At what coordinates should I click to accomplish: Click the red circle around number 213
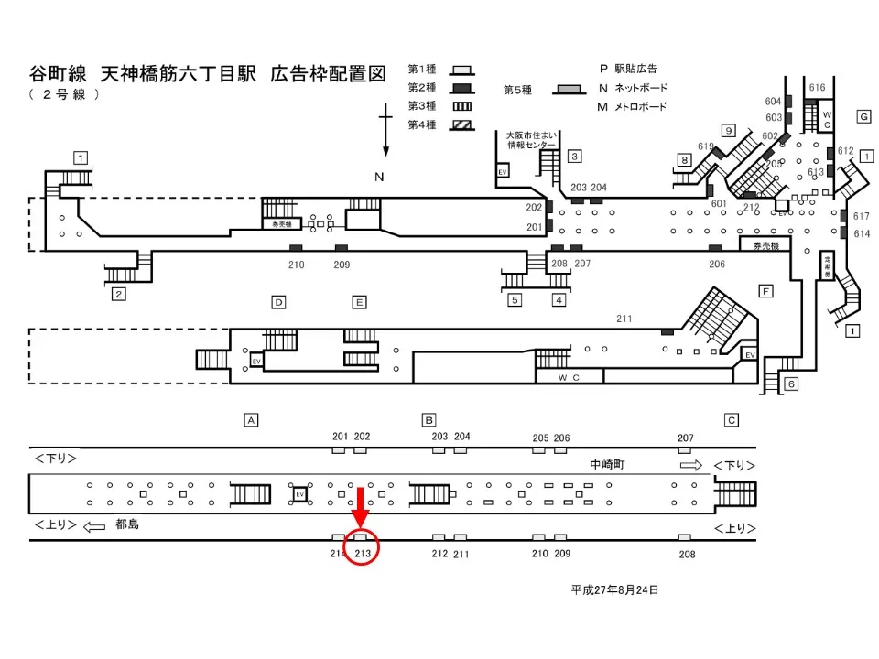(x=362, y=552)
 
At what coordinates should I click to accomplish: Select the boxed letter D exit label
(x=278, y=301)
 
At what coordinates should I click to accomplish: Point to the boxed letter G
(x=863, y=116)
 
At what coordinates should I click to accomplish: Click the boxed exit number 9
(x=729, y=130)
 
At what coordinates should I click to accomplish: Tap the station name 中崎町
(x=607, y=465)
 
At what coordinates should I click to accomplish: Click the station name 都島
(x=127, y=525)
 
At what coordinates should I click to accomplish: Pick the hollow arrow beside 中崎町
(x=691, y=465)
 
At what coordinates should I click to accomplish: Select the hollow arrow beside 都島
(x=94, y=526)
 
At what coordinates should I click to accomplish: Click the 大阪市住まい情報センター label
(x=531, y=139)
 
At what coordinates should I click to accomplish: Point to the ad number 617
(x=861, y=216)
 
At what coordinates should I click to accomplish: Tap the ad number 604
(x=773, y=102)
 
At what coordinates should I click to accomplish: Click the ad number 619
(x=706, y=146)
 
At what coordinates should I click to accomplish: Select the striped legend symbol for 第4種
(x=462, y=125)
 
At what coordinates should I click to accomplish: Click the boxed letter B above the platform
(x=429, y=420)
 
